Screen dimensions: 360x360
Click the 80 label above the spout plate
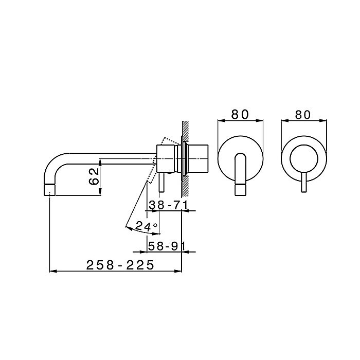pyautogui.click(x=241, y=114)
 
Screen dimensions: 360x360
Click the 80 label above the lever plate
pyautogui.click(x=304, y=114)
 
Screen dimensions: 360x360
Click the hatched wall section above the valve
pyautogui.click(x=185, y=131)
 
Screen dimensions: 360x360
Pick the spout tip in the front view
pyautogui.click(x=241, y=190)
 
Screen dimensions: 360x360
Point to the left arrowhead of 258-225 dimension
pyautogui.click(x=51, y=271)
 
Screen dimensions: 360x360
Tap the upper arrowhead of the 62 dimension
pyautogui.click(x=100, y=161)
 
